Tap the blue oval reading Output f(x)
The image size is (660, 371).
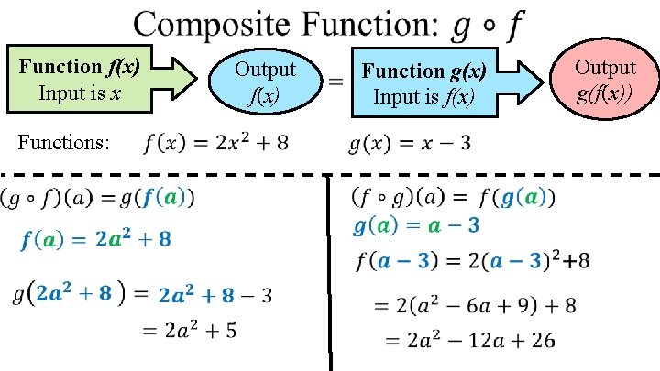[265, 81]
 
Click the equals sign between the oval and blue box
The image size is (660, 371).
[336, 81]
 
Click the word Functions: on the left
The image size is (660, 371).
[64, 143]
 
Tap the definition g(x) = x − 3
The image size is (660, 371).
[411, 144]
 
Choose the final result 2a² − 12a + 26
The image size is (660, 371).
[467, 341]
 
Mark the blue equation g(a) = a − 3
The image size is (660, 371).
[416, 224]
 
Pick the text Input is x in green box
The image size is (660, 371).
[81, 93]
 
